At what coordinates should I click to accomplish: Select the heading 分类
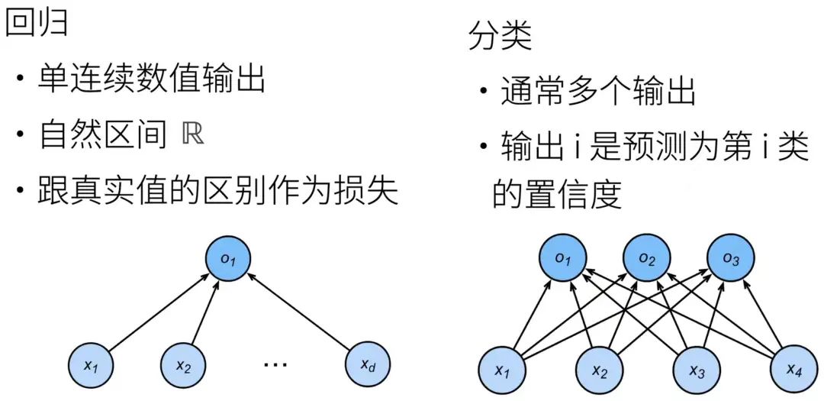pos(500,37)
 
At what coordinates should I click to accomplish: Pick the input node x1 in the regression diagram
pos(92,365)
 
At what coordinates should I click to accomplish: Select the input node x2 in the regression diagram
pos(183,365)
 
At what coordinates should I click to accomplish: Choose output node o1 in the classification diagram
pos(563,258)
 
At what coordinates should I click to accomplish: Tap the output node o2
pos(647,258)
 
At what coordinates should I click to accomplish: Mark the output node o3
pos(731,258)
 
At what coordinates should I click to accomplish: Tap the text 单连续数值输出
pos(151,79)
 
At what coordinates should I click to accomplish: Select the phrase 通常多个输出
pos(598,92)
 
